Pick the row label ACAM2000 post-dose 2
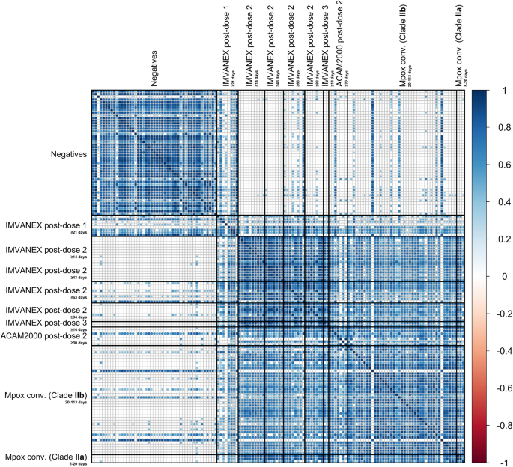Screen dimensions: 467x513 (45, 335)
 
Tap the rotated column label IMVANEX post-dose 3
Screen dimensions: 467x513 (324, 45)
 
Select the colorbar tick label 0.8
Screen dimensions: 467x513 (502, 128)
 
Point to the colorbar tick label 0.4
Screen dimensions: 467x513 (502, 202)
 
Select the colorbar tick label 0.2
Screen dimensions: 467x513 (502, 239)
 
